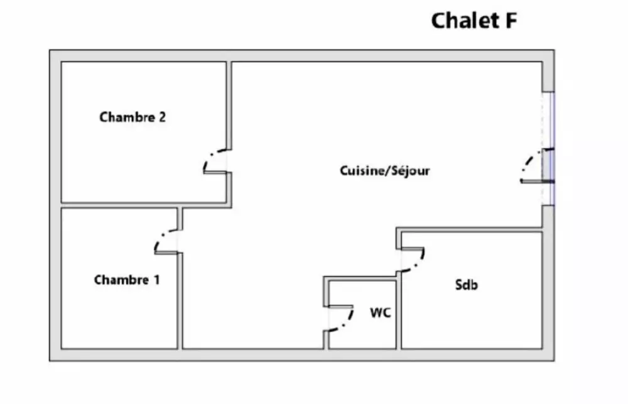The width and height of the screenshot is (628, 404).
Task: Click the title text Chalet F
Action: (474, 21)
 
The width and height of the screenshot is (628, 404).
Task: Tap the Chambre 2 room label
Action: (133, 117)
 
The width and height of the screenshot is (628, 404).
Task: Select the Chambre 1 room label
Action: (126, 280)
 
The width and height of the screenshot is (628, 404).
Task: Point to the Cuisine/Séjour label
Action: (385, 170)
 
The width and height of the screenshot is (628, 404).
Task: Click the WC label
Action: (380, 312)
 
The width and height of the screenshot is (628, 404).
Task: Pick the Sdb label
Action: (467, 285)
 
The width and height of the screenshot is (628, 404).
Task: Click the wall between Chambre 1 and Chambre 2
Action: (126, 205)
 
